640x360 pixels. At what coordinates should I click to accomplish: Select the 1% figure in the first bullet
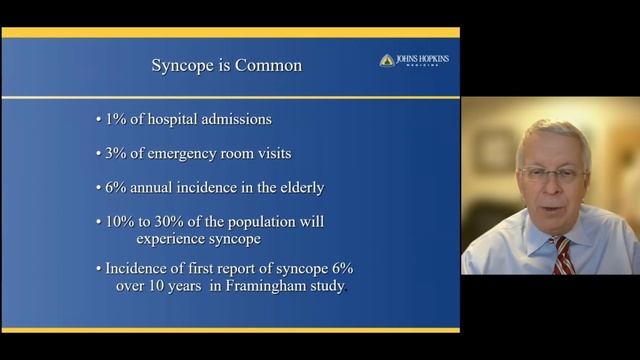pos(114,121)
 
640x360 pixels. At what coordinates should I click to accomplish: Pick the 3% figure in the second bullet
pos(115,154)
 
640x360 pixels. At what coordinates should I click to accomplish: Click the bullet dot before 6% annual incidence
pos(98,187)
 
